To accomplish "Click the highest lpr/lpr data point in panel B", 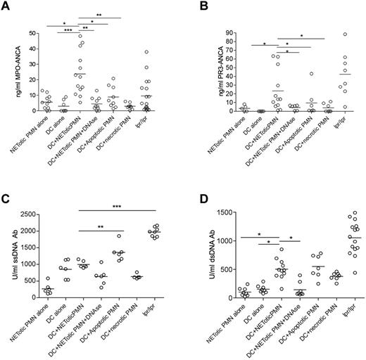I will pos(346,34).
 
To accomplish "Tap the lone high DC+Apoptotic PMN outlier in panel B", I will pos(310,74).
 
